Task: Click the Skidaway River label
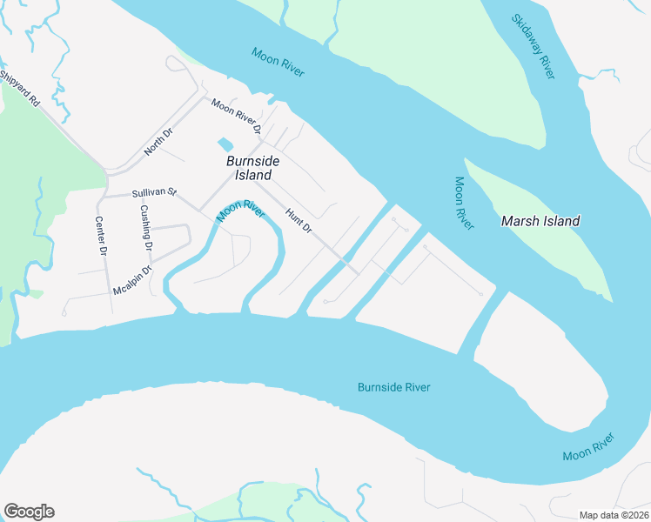533,46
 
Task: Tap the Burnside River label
394,387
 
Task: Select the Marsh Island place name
540,221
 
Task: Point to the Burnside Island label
248,168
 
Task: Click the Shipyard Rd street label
20,89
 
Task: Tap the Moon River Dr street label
237,117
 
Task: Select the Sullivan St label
154,191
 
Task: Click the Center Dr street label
101,236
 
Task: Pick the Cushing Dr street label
146,228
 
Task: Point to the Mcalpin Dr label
132,279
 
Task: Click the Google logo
29,512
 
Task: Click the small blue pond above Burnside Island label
225,144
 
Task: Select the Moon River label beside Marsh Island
464,204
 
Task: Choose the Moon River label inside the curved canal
240,211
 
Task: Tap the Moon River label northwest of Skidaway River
278,62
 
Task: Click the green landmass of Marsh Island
557,252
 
